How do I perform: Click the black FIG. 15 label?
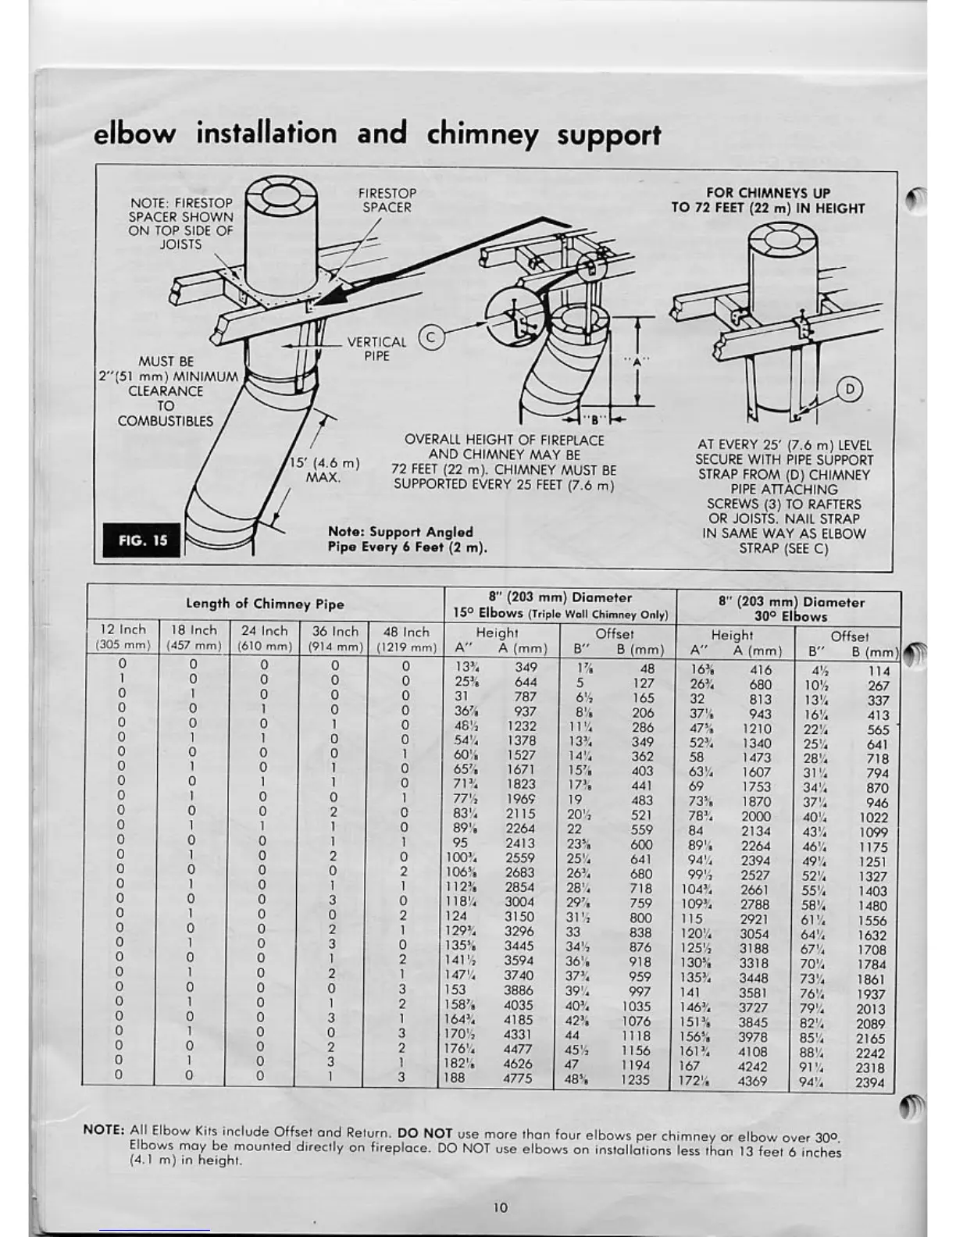(x=142, y=540)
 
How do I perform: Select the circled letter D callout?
(x=849, y=388)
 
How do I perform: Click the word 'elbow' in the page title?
(x=134, y=134)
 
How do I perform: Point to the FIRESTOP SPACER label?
(x=387, y=200)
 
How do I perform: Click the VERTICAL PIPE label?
(x=376, y=349)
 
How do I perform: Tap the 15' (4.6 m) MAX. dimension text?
(x=324, y=469)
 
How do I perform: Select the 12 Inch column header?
(x=123, y=630)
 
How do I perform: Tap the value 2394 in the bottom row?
(x=869, y=1082)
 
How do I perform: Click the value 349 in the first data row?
(x=526, y=668)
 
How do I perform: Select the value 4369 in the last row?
(x=753, y=1082)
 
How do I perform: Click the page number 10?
(x=500, y=1207)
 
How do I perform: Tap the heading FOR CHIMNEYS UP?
(x=769, y=193)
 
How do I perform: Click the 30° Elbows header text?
(x=790, y=616)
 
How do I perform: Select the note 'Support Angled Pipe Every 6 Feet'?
(x=407, y=539)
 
